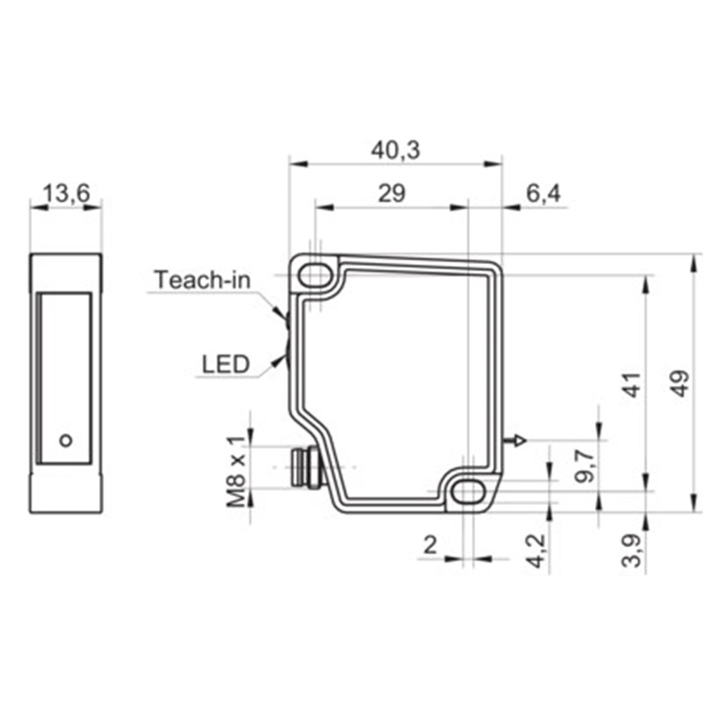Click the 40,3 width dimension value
coord(396,151)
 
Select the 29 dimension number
coord(392,194)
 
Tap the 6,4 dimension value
coord(543,194)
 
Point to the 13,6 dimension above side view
coord(66,194)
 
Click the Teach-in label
coord(202,279)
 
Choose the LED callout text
coord(226,364)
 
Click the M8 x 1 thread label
coord(237,471)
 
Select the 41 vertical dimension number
coord(633,385)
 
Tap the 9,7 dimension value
coord(585,466)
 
